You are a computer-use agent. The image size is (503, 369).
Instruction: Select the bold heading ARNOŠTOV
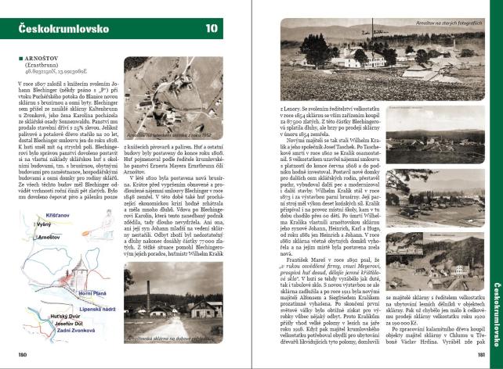pyautogui.click(x=38, y=58)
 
